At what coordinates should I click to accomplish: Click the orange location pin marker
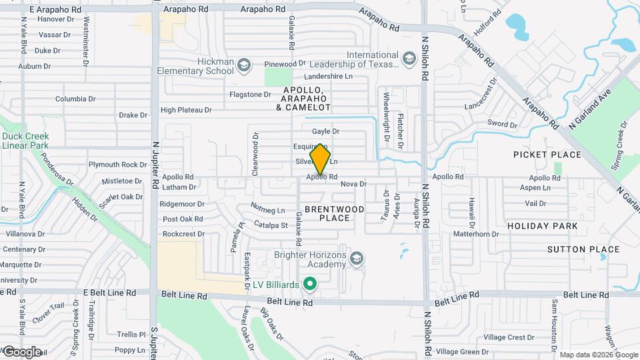321,159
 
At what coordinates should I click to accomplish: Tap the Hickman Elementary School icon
244,65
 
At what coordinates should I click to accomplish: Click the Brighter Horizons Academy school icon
357,258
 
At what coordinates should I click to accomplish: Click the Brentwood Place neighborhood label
334,213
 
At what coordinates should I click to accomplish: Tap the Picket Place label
547,155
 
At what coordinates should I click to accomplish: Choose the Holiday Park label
543,226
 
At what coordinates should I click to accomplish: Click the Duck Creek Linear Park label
25,139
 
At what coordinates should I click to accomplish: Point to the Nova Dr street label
353,184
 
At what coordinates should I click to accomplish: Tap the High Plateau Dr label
186,110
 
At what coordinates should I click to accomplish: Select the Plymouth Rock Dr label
118,165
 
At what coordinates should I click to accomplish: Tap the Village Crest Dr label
509,337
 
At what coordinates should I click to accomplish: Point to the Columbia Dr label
75,99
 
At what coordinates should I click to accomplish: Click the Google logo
21,351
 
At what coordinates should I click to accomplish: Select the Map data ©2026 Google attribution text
597,355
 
